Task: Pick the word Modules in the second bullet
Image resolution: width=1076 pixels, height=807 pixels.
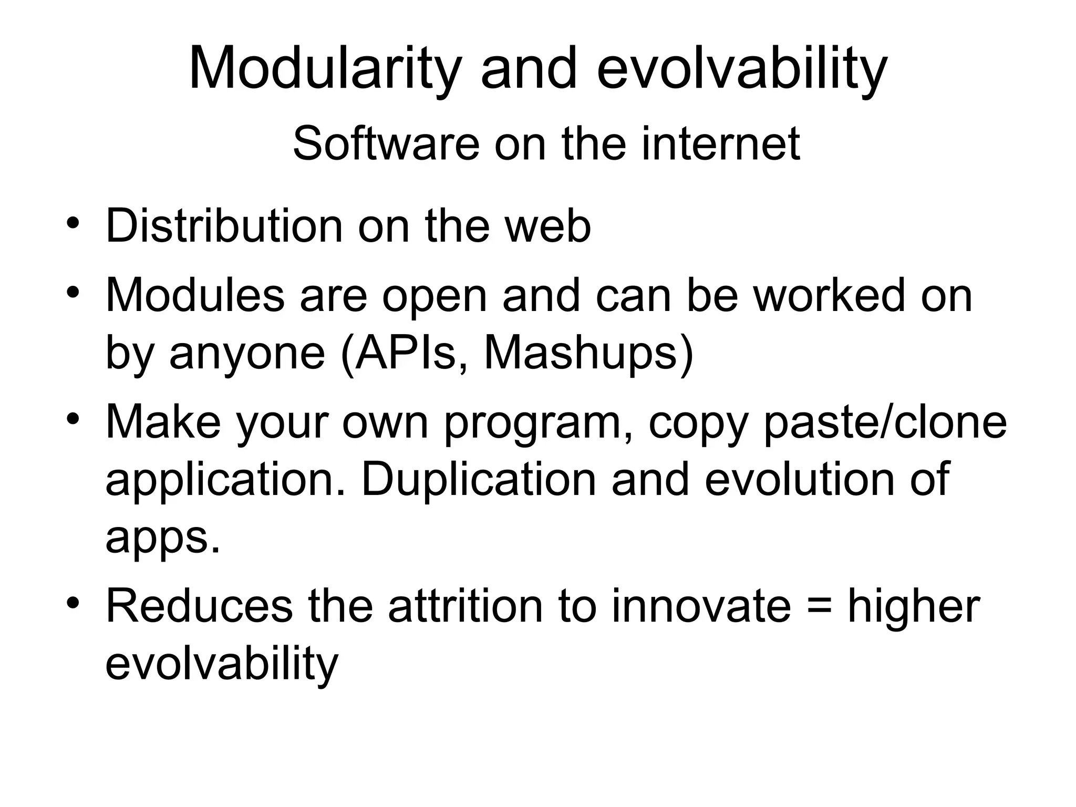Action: (195, 296)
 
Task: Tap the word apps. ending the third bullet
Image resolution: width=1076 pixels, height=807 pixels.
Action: (162, 539)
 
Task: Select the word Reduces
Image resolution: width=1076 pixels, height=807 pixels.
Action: (199, 607)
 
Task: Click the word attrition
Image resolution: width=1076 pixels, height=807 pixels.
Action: (465, 607)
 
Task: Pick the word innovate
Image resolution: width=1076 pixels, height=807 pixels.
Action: (701, 607)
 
